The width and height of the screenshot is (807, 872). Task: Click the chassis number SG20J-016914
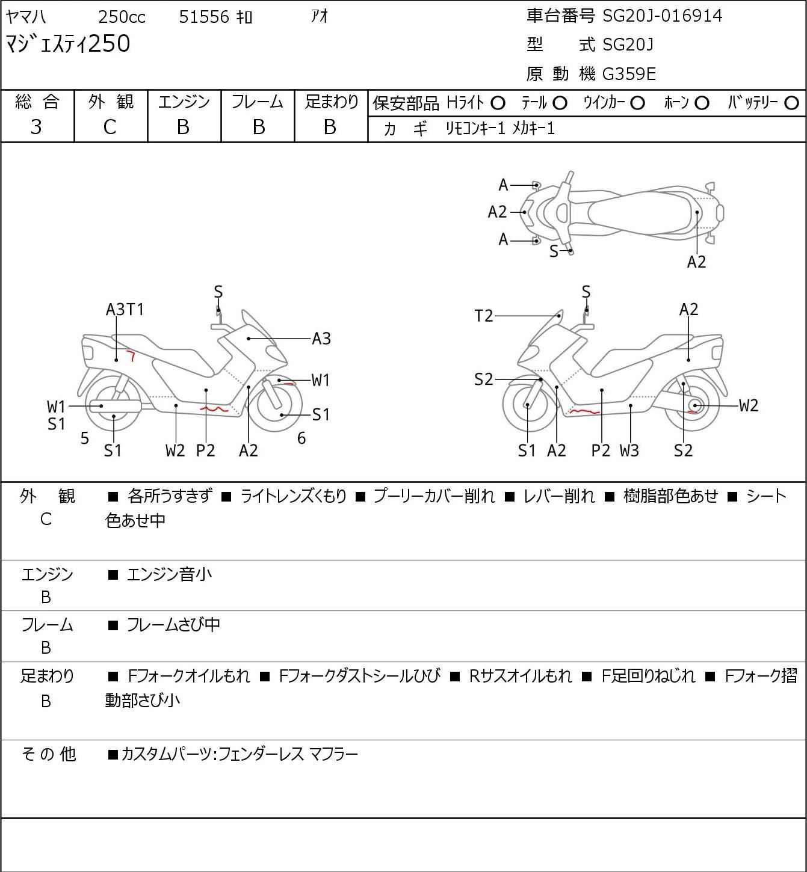point(662,16)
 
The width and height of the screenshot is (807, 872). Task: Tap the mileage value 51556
point(204,17)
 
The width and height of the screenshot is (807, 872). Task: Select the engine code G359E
point(629,74)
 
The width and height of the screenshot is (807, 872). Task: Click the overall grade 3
point(36,127)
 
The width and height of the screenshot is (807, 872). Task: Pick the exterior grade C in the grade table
point(110,127)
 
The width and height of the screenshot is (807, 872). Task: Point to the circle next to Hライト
point(498,103)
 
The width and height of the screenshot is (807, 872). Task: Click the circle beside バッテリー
point(792,103)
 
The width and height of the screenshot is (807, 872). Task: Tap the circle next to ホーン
point(702,103)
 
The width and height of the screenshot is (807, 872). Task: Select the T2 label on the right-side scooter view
point(484,315)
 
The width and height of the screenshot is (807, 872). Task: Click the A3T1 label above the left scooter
point(125,309)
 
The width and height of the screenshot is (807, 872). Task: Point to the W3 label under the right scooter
point(629,450)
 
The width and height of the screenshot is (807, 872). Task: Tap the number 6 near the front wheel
point(301,438)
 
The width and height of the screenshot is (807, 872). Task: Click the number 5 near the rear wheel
point(85,438)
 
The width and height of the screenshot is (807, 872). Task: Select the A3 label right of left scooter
point(321,339)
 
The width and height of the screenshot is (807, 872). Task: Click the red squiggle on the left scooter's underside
point(214,409)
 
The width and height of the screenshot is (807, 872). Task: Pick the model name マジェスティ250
point(67,45)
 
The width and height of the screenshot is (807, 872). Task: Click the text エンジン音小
point(169,574)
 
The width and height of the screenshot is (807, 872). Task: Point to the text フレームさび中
point(173,625)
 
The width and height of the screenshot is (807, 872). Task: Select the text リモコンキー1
point(475,128)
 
